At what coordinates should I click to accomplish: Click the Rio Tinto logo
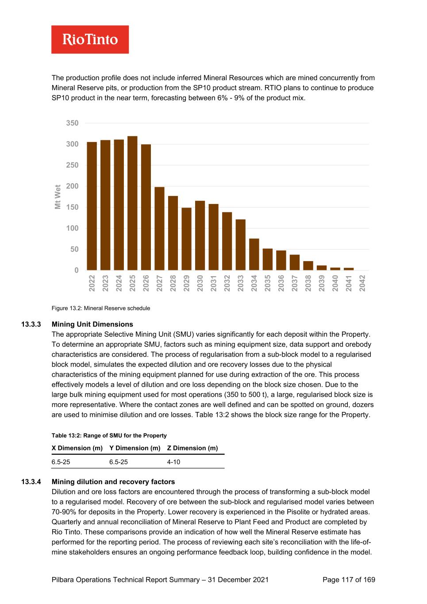coord(90,39)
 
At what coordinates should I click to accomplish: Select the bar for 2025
coord(132,203)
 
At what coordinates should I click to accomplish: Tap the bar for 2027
coord(159,228)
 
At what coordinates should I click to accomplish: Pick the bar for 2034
coord(254,254)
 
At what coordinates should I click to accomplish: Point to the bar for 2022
coord(92,206)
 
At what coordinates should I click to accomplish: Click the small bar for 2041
coord(349,269)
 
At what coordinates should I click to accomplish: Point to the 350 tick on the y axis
coord(72,123)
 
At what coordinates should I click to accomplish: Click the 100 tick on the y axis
coord(72,228)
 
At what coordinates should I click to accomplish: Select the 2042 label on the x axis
coord(362,283)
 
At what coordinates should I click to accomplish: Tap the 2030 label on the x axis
coord(200,283)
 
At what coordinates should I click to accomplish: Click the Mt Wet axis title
coord(58,197)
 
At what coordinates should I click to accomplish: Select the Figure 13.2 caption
coord(101,308)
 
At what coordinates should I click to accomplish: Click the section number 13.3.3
coord(31,324)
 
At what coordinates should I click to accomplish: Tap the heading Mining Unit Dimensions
coord(92,324)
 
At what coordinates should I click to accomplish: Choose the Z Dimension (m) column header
coord(192,448)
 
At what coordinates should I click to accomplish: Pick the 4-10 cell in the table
coord(173,462)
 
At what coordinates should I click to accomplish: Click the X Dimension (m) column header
coord(77,448)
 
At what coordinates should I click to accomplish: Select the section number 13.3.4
coord(31,482)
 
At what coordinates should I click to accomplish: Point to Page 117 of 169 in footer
coord(349,580)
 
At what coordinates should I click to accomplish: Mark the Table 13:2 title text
coord(109,435)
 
